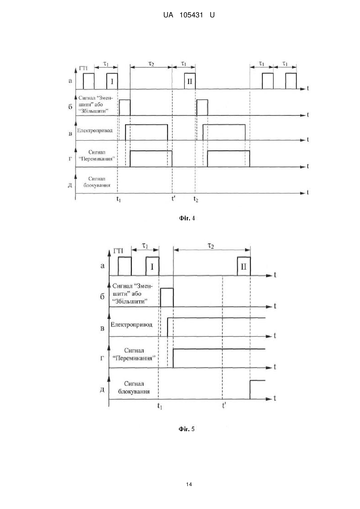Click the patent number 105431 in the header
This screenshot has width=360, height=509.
pos(191,15)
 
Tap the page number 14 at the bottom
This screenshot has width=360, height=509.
pos(189,484)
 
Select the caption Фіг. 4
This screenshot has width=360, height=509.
pos(187,218)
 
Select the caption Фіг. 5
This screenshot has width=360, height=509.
pos(187,429)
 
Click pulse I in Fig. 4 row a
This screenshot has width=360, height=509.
pos(112,81)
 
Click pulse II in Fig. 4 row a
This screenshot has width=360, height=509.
pos(190,81)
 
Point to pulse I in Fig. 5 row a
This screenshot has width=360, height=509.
pos(152,266)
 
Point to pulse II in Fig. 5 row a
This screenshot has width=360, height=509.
pos(244,266)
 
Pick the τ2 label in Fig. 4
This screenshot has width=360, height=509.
pos(151,64)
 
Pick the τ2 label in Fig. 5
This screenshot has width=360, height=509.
pos(211,246)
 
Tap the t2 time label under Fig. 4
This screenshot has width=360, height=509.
pos(196,199)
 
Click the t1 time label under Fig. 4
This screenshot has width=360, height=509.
pos(118,199)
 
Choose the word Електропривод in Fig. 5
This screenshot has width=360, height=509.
pos(131,325)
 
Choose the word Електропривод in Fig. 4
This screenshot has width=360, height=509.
pos(95,131)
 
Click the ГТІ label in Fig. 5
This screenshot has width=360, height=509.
pos(118,251)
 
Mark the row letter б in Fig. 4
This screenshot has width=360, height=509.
pos(70,107)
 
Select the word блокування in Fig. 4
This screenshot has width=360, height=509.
pos(97,185)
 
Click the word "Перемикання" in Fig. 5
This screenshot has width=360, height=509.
pos(134,358)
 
